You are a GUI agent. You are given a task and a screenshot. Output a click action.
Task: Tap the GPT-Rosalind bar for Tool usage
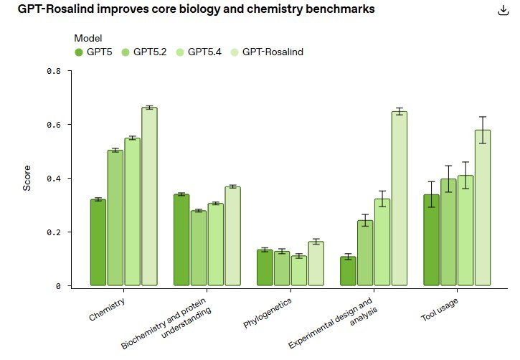pyautogui.click(x=483, y=207)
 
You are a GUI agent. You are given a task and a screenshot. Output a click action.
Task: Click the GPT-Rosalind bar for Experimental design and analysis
pyautogui.click(x=400, y=198)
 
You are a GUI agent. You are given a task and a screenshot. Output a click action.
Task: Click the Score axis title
pyautogui.click(x=27, y=178)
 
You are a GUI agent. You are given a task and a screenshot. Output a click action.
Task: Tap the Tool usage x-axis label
pyautogui.click(x=440, y=309)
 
